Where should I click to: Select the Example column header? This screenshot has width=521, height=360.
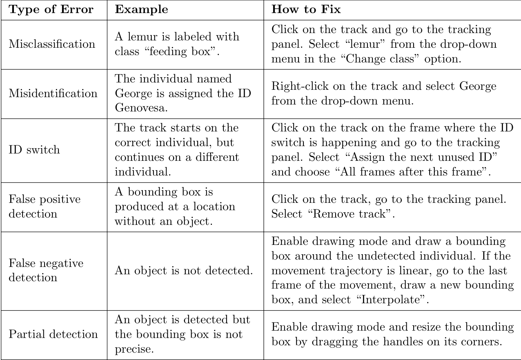click(141, 10)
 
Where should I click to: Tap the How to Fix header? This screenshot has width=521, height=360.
click(306, 10)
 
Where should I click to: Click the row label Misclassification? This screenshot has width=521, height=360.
click(52, 44)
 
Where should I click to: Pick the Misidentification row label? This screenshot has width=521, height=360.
click(53, 93)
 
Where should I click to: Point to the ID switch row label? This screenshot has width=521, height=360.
click(34, 149)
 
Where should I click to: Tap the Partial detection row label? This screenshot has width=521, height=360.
click(53, 334)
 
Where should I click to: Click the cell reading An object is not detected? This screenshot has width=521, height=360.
click(183, 270)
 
